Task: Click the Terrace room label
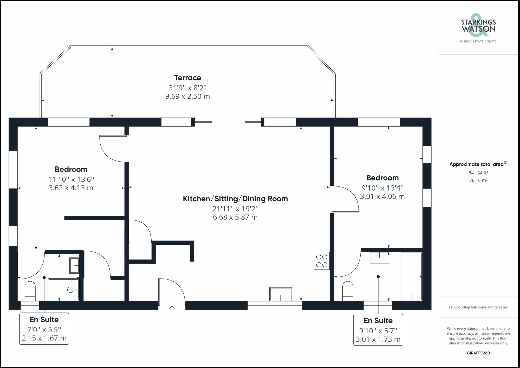pos(187,78)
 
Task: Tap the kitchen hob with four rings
pos(322,261)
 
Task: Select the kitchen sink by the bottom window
pos(281,294)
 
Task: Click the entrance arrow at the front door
pos(172,309)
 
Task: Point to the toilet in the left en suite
pos(30,291)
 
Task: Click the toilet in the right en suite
pos(348,291)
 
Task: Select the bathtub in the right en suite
pos(412,276)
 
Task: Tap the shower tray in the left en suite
pos(63,290)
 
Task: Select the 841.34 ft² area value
pos(478,173)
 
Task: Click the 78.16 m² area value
pos(478,180)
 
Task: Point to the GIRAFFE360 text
pos(478,353)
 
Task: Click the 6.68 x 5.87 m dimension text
pos(235,217)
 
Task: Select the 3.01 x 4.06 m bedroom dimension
pos(382,197)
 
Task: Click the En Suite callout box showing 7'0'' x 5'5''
pos(44,329)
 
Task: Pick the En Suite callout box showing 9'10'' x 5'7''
pos(378,330)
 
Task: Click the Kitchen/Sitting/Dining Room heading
pos(235,199)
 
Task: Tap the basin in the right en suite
pos(380,258)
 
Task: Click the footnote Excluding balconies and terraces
pos(478,307)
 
